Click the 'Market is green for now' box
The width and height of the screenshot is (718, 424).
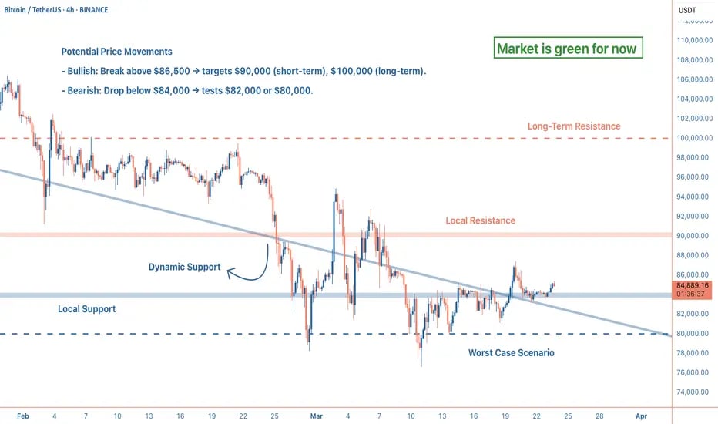point(567,49)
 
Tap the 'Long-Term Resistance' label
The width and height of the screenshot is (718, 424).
point(573,126)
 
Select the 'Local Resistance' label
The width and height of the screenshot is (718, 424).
point(480,220)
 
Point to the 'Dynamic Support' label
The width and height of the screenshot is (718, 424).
point(184,268)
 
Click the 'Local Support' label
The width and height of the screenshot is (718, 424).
point(87,309)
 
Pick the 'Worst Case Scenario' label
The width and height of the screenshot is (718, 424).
point(511,352)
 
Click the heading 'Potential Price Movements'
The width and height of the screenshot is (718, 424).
point(117,52)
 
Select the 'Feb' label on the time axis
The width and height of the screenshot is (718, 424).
point(22,415)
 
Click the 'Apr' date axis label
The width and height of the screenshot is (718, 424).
point(640,415)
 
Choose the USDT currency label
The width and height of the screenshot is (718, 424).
point(687,9)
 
